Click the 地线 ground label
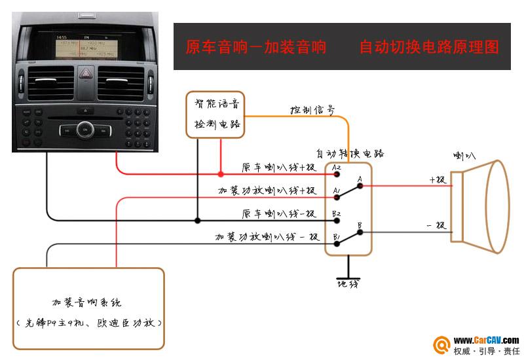pyautogui.click(x=348, y=284)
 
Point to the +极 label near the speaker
pyautogui.click(x=437, y=179)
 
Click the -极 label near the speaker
pyautogui.click(x=436, y=225)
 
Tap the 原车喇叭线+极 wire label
pyautogui.click(x=278, y=168)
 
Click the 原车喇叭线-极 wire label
pyautogui.click(x=278, y=214)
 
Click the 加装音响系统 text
pyautogui.click(x=87, y=302)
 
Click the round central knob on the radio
pyautogui.click(x=84, y=130)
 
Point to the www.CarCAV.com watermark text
pyautogui.click(x=486, y=340)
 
